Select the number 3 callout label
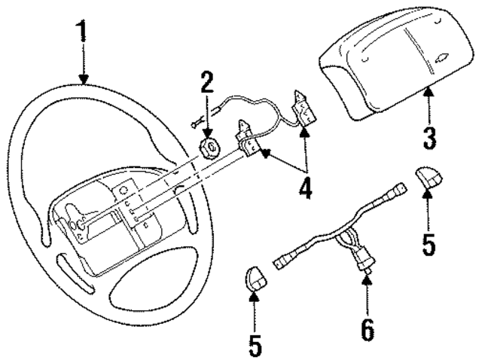pyautogui.click(x=430, y=137)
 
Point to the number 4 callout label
pyautogui.click(x=304, y=187)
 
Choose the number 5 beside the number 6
pyautogui.click(x=255, y=343)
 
